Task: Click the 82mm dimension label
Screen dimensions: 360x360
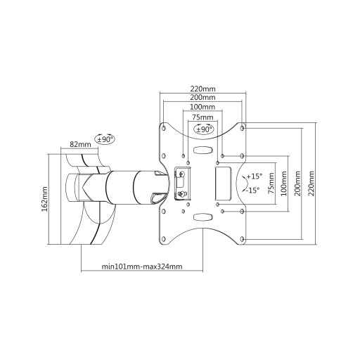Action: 80,144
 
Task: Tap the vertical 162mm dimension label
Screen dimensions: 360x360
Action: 44,199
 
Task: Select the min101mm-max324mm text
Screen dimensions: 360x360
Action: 142,266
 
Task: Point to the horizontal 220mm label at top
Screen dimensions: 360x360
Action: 202,89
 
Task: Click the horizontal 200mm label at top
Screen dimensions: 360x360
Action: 202,97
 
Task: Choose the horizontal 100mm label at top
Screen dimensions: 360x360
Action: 202,107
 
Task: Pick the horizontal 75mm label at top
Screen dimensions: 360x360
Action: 202,117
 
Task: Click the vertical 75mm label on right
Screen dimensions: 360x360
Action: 271,183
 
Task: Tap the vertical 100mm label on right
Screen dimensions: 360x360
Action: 284,184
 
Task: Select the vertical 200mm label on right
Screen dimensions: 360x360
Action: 297,184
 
